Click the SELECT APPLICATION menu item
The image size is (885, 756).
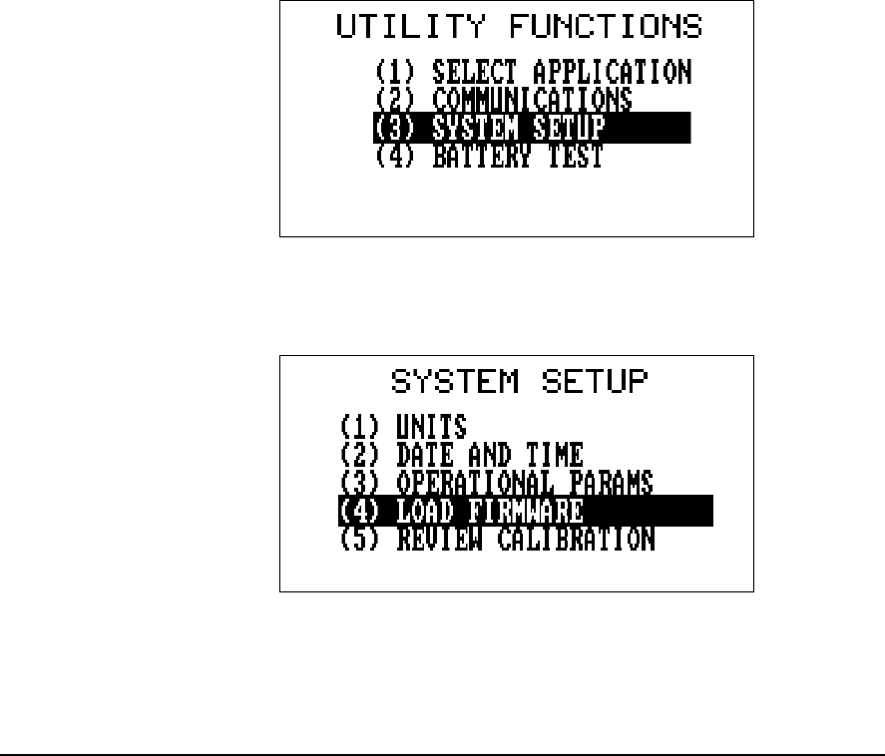[533, 72]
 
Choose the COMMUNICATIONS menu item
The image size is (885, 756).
[503, 100]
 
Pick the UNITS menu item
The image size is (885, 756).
[403, 427]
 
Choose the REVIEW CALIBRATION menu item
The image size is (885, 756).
[496, 540]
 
